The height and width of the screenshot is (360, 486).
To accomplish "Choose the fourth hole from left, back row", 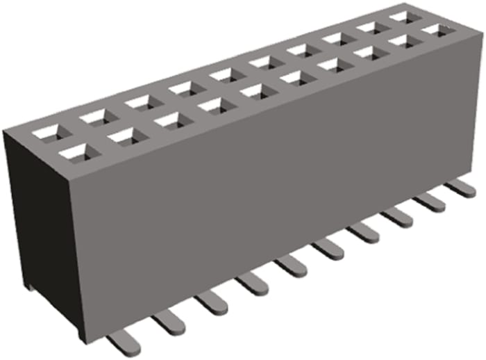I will coord(182,88).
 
